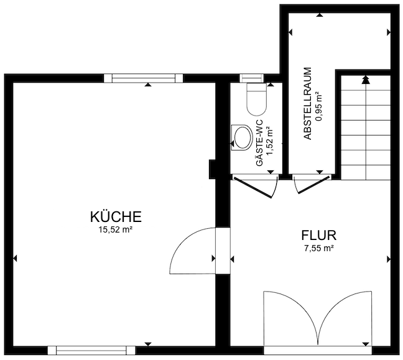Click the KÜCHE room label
point(116,217)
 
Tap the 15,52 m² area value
point(116,229)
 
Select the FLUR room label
point(318,236)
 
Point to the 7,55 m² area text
point(318,247)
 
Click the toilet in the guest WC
point(256,98)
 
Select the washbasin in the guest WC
point(240,137)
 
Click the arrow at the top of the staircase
point(365,79)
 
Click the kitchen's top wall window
point(144,78)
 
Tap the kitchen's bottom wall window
point(91,350)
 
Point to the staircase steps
point(365,131)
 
